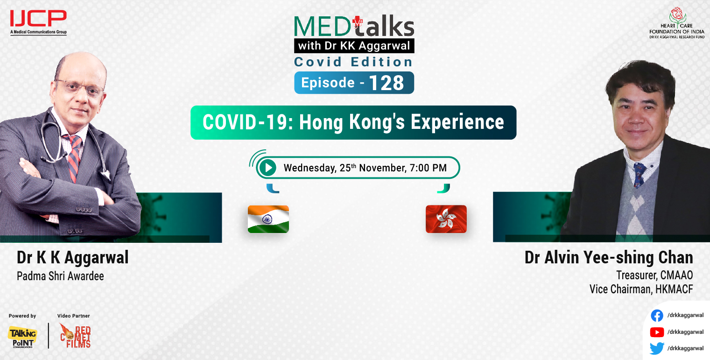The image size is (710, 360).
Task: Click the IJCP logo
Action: [38, 21]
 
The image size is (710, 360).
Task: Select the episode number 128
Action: [386, 83]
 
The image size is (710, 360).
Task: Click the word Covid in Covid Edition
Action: [317, 62]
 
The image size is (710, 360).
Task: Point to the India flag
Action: [268, 219]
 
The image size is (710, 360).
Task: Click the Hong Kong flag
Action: [446, 219]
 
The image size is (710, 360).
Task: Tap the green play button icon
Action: [267, 168]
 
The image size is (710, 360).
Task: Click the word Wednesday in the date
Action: [309, 168]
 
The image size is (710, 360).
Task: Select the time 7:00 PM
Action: [428, 168]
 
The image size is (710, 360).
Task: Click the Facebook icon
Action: [657, 316]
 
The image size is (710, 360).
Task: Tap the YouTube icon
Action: [657, 332]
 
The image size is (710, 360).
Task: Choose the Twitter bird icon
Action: [657, 348]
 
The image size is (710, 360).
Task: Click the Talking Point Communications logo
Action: [22, 336]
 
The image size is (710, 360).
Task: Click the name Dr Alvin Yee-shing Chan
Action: [609, 258]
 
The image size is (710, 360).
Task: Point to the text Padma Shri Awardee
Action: [60, 276]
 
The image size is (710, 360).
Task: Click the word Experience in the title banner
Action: [457, 122]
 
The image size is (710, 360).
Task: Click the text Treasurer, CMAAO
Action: [654, 275]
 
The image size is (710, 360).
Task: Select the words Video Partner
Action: [73, 316]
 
